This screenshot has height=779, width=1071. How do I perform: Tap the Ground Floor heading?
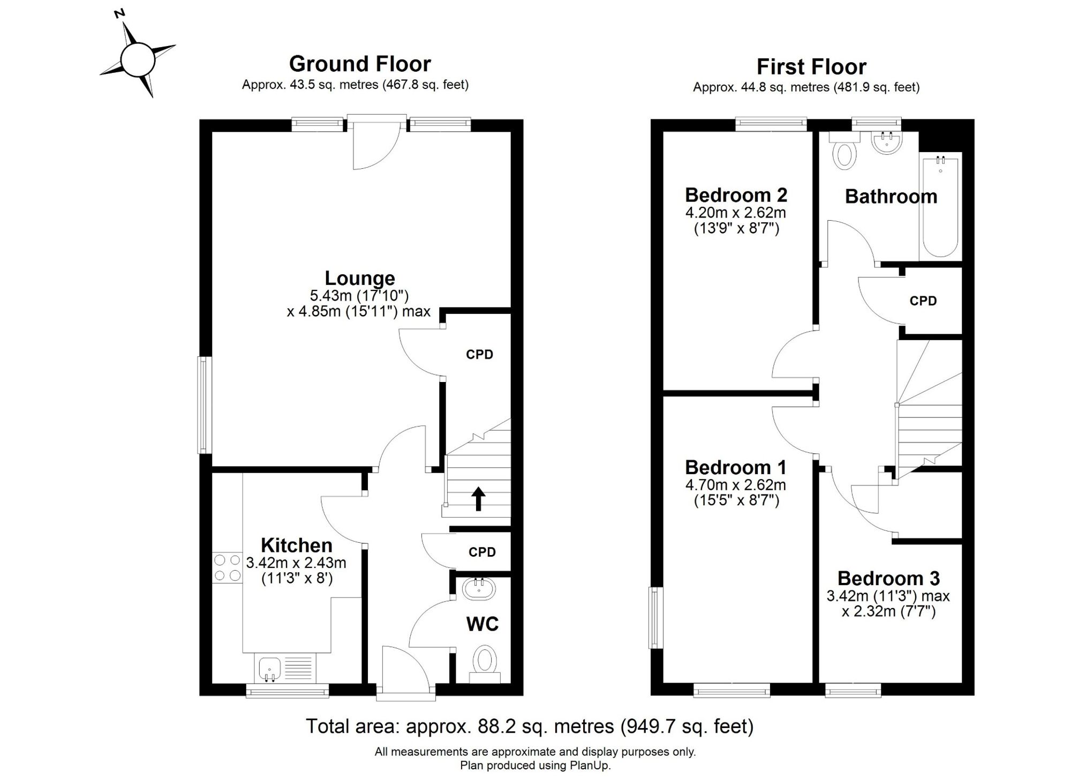coord(360,64)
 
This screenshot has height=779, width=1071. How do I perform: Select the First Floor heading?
coord(811,67)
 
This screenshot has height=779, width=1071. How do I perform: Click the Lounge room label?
coord(360,278)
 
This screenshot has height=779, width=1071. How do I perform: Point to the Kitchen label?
coord(297,545)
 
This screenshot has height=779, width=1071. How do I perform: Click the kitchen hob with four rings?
coord(228,568)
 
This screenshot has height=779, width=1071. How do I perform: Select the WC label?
coord(482,624)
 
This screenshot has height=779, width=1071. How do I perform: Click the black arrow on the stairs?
coord(478,499)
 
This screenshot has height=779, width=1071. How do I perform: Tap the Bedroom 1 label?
coord(736,468)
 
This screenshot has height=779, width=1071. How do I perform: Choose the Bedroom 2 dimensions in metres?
coord(736,213)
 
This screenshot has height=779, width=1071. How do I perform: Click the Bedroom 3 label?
coord(888,579)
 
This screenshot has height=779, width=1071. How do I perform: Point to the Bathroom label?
coord(891,197)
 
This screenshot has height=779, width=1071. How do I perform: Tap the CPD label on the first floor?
coord(923,301)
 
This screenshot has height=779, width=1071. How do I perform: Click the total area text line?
coord(530,726)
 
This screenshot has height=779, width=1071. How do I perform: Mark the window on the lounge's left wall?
coord(205,405)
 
